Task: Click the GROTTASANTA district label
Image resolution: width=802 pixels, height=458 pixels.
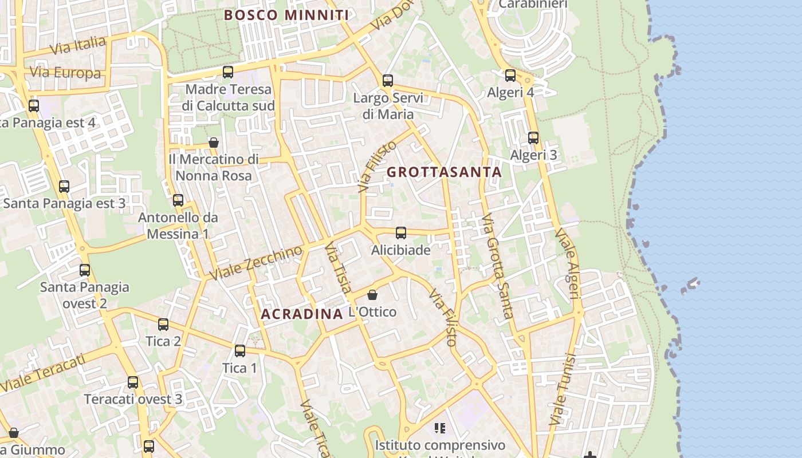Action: pos(444,172)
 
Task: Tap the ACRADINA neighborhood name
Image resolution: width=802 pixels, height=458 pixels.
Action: pos(301,314)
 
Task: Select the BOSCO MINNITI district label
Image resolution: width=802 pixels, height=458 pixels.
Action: pos(286,15)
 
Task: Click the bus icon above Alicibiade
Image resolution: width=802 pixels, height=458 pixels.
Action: pos(401,233)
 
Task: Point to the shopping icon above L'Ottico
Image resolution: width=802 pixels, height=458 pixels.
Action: pos(372,295)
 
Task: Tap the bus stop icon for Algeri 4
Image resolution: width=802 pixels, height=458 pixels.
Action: pos(510,75)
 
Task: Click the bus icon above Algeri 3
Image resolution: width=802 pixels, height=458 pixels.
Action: pos(533,138)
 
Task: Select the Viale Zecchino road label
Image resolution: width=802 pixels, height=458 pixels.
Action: pos(255,263)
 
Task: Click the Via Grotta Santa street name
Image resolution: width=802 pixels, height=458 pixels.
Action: pos(497,266)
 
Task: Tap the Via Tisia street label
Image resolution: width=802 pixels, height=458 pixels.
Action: pos(338,268)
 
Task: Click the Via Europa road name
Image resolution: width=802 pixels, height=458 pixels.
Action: pos(65,73)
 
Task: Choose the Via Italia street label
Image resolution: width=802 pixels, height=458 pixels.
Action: pos(78,45)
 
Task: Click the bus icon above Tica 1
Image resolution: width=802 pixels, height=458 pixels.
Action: pos(240,351)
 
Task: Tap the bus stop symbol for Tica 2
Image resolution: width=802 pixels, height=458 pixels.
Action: pos(163,325)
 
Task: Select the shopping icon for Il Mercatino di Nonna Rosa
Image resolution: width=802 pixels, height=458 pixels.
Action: pos(214,142)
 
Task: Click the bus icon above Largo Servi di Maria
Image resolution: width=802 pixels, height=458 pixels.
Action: pos(388,81)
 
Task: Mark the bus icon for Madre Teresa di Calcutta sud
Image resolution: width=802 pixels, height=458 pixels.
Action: pos(228,72)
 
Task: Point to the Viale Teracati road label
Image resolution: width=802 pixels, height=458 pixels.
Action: pos(43,373)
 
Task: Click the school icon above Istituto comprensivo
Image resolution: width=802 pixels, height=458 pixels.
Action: pos(440,428)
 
